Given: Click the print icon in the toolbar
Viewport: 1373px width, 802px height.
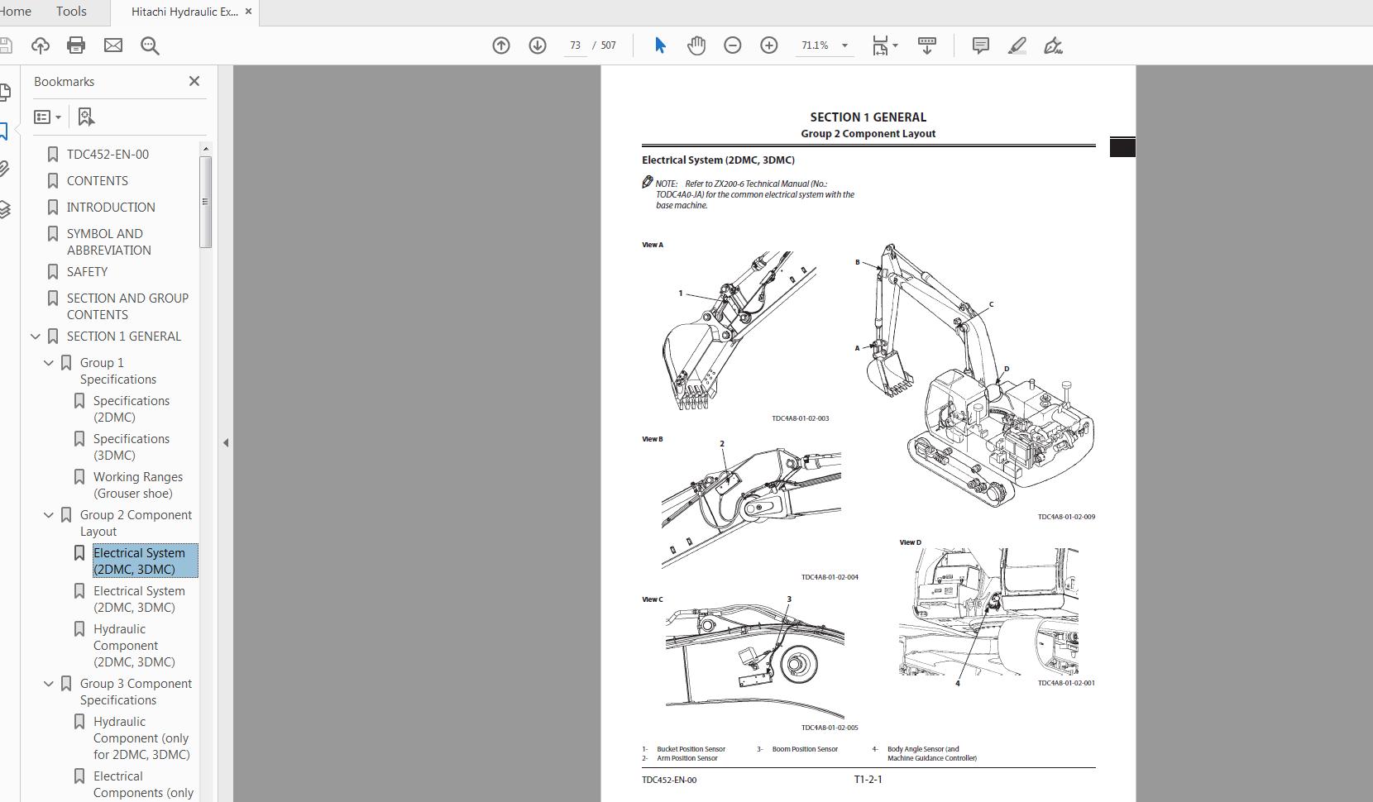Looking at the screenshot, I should (76, 45).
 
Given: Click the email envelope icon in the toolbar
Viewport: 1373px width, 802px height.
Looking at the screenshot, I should (113, 45).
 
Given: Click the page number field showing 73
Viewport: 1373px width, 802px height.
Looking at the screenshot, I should (575, 45).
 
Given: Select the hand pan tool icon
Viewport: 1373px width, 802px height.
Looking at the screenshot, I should (696, 45).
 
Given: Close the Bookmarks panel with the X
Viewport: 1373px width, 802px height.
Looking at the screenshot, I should (194, 81).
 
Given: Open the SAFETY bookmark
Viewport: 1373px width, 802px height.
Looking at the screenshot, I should (87, 271).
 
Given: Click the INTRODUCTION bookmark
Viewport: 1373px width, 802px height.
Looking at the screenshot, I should (111, 207).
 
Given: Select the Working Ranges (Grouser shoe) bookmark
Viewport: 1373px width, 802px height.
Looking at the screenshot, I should (137, 485).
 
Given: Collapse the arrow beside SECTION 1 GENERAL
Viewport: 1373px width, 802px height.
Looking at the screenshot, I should (36, 337).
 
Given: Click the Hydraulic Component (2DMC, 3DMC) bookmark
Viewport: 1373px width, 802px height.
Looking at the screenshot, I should (133, 645).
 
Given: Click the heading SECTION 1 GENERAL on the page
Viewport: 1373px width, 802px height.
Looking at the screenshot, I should (868, 117).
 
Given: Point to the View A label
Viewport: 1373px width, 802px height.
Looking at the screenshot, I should (653, 245).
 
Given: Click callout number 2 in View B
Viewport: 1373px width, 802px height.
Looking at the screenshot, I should (722, 444).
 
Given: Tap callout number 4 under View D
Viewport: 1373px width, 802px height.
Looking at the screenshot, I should (957, 684).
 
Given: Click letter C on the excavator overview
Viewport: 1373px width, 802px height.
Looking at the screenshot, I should (991, 304).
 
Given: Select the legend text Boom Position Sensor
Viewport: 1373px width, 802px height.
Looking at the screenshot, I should (804, 749).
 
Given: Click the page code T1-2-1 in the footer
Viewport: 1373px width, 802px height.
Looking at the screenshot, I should (868, 779).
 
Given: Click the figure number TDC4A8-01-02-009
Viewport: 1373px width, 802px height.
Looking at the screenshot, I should (1066, 517).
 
